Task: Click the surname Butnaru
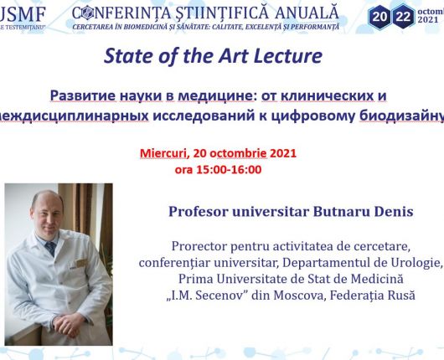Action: point(343,212)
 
